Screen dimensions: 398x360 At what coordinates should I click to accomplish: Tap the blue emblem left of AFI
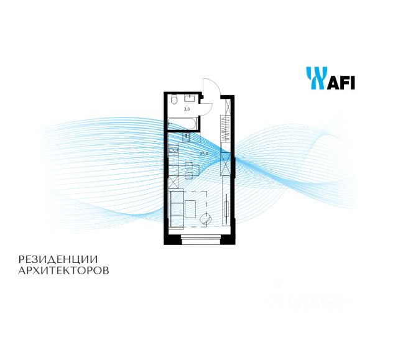[316, 79]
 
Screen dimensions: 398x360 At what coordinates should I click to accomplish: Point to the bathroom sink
[190, 99]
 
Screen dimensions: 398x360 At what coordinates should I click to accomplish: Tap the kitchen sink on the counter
[172, 150]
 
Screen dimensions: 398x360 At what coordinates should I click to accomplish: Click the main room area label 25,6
[203, 154]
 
